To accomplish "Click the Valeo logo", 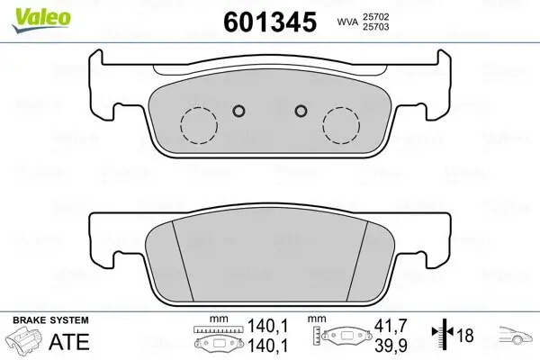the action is [41, 21].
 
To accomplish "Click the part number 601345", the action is [270, 22].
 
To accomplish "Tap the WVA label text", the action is [347, 22].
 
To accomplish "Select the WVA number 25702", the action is [375, 16].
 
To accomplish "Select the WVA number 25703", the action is [375, 27].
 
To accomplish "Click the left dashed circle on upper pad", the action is [199, 125].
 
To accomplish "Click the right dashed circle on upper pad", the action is [341, 125].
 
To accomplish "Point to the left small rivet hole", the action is [238, 111].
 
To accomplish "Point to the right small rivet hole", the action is [301, 111].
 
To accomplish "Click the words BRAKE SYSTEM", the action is [50, 320].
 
